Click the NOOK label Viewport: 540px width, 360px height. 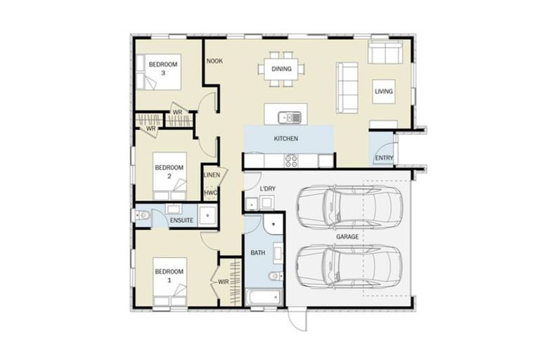pos(214,61)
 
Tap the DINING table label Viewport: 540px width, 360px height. pos(281,69)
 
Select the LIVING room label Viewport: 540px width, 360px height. pos(384,91)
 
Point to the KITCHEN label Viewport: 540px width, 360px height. pos(286,139)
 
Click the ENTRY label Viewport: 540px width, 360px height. pos(384,157)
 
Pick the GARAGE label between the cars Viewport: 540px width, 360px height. pos(347,237)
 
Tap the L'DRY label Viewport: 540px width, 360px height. pos(268,188)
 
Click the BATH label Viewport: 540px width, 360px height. pos(258,253)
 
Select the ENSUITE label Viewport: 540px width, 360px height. pos(181,221)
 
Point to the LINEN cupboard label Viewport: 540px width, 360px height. pos(212,175)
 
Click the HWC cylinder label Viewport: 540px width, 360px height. pos(210,193)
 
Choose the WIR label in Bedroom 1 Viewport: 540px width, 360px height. pos(224,282)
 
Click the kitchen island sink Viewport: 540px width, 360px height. pos(290,117)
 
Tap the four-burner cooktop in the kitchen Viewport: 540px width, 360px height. pos(291,160)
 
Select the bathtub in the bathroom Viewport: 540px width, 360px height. pos(263,297)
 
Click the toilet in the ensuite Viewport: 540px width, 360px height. pos(141,216)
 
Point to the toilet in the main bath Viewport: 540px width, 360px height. pos(276,276)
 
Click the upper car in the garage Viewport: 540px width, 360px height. pos(349,207)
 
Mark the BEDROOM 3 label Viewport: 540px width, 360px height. pos(163,69)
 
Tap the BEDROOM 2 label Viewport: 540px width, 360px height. pos(169,172)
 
